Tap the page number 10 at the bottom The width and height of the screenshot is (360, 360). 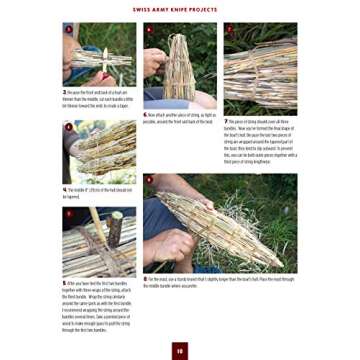point(180,349)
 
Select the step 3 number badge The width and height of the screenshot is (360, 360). point(66,30)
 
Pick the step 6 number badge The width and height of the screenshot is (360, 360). point(147,30)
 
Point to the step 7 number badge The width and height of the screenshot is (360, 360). point(227,30)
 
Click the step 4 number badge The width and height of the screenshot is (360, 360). point(66,127)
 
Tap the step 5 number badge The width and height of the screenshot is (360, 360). point(66,212)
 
